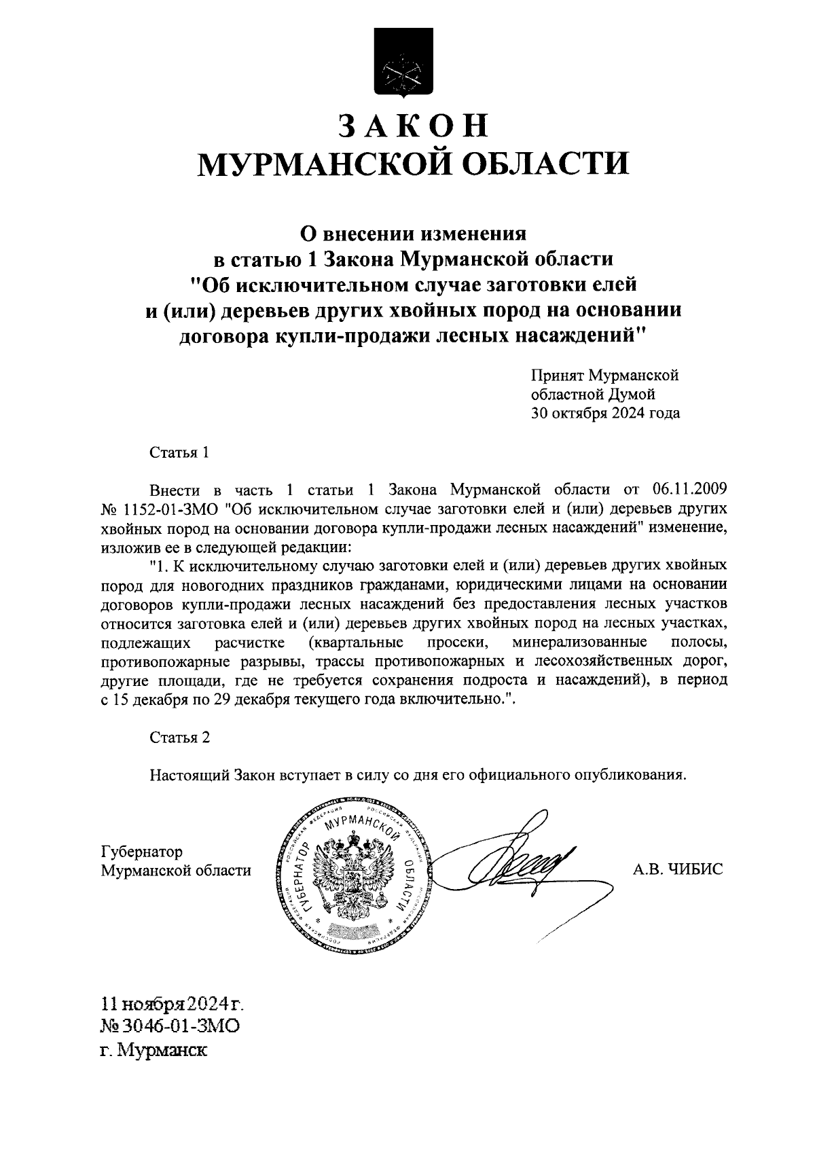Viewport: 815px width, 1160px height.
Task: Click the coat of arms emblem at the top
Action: coord(403,63)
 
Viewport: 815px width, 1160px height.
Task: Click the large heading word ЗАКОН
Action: coord(413,126)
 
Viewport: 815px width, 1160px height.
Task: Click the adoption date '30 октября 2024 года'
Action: coord(605,412)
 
